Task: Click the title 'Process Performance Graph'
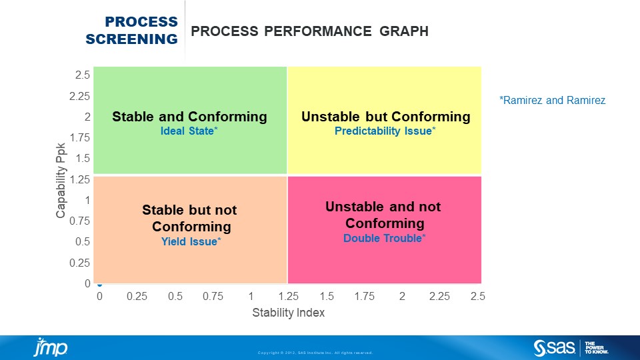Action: (309, 31)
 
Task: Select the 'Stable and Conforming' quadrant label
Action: (189, 117)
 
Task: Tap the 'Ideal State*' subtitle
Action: (189, 131)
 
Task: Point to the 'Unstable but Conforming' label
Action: (385, 117)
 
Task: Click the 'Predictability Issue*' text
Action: (385, 131)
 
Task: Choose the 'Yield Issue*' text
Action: (189, 241)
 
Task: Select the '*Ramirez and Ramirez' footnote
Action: (552, 101)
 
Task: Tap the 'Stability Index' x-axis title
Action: (288, 313)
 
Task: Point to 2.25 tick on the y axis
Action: (79, 96)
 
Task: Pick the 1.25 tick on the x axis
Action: (288, 296)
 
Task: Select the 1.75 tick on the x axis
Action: (364, 296)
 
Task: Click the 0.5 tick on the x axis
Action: (175, 296)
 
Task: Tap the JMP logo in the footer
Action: (50, 348)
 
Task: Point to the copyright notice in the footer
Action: (315, 353)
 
